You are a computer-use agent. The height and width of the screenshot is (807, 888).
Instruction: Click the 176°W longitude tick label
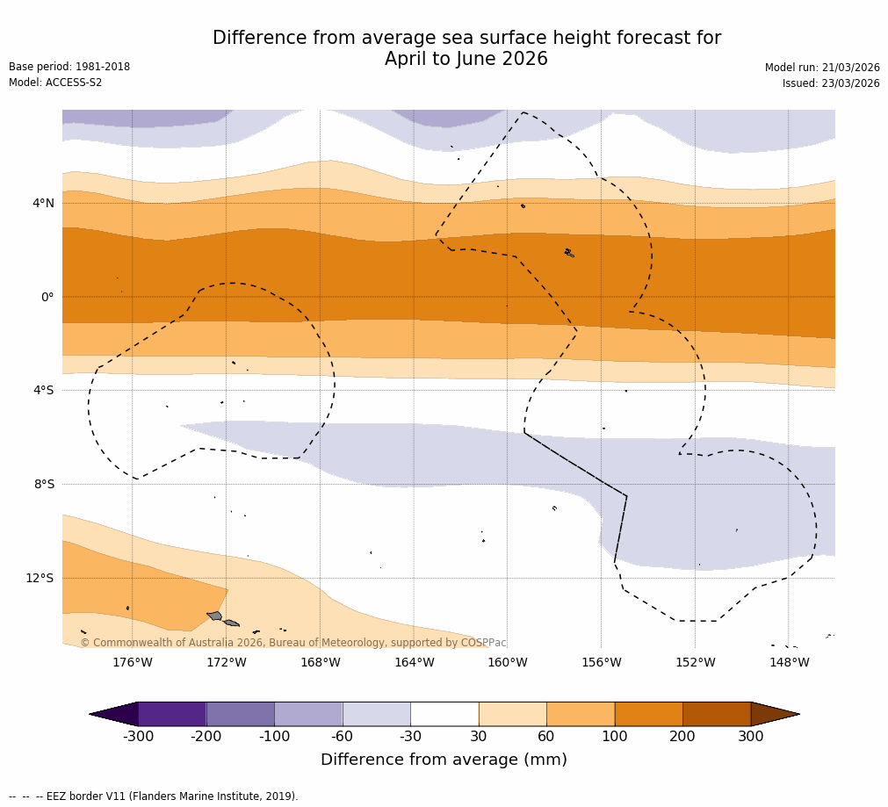[132, 662]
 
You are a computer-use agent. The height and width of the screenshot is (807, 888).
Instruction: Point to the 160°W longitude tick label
[507, 662]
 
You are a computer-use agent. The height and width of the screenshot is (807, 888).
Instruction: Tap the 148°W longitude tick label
[789, 662]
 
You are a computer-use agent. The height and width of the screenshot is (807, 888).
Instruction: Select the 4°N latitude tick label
[43, 203]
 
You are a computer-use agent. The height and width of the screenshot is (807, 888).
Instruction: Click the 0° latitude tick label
[47, 297]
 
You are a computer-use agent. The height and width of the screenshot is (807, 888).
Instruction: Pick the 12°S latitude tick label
[40, 578]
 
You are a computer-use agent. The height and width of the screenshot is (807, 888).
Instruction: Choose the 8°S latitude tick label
[44, 484]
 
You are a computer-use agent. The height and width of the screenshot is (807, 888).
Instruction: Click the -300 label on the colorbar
[138, 737]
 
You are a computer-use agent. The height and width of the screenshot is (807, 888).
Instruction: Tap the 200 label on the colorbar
[682, 737]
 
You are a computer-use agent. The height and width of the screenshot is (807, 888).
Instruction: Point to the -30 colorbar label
[410, 737]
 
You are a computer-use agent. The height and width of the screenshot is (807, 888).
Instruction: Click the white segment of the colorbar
[444, 714]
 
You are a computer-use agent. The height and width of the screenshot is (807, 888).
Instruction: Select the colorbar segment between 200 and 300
[717, 714]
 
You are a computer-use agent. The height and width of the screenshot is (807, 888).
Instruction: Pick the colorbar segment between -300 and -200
[172, 714]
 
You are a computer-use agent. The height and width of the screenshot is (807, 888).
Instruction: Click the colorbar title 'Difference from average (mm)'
[444, 760]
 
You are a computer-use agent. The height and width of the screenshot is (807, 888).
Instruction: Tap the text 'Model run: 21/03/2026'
[822, 68]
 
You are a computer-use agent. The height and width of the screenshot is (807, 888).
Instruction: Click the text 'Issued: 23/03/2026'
[831, 83]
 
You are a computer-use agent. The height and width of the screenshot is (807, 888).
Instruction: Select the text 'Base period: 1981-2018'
[69, 67]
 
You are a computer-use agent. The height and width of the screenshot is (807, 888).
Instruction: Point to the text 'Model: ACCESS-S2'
[55, 83]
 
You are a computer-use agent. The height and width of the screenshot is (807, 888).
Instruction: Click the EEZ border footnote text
[154, 796]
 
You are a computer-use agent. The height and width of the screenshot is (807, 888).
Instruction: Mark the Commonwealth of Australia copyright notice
[293, 643]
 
